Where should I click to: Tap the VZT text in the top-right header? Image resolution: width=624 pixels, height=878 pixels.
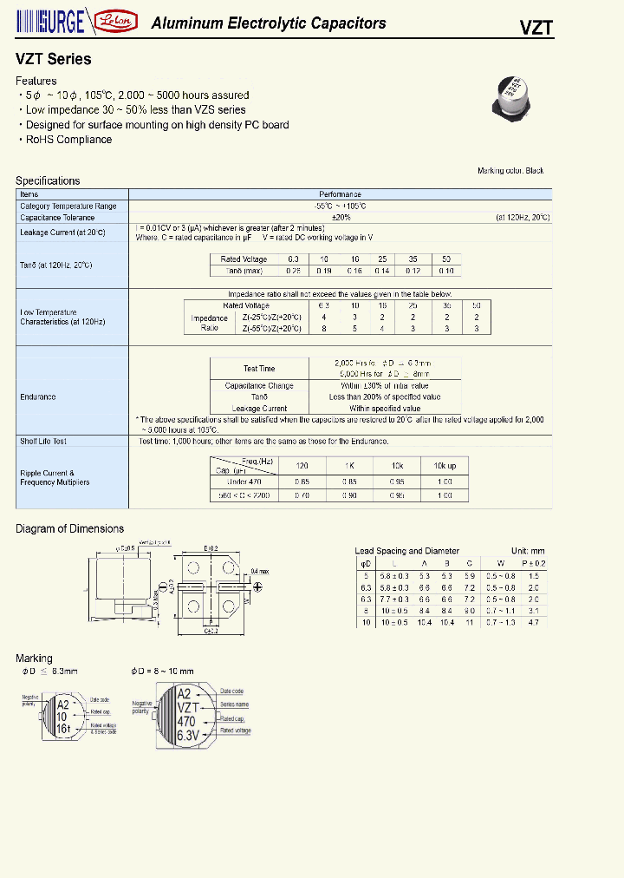[x=536, y=26]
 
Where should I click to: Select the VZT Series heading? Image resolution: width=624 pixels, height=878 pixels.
[x=53, y=60]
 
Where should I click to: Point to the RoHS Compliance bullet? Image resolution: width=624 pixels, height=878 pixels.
[x=68, y=140]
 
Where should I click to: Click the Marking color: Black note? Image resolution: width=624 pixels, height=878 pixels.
[x=510, y=171]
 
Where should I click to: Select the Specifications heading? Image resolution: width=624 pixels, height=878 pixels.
[x=48, y=180]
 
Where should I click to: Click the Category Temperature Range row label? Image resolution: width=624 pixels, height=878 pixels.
[x=68, y=206]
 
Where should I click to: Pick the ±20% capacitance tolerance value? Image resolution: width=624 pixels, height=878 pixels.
[x=340, y=218]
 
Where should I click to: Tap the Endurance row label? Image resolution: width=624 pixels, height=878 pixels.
[x=38, y=397]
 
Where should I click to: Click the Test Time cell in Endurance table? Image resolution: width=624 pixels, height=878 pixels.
[x=259, y=368]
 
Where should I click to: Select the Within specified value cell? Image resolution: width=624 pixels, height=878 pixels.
[x=385, y=409]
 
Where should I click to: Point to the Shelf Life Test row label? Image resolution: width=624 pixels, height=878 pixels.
[x=43, y=442]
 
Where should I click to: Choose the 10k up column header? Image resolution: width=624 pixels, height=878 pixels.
[x=444, y=466]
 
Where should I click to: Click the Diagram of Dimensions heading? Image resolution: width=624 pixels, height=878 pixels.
[x=69, y=528]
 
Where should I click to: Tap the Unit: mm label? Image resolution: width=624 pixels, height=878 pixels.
[x=528, y=551]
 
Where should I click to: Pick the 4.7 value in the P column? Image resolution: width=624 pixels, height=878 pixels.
[x=534, y=622]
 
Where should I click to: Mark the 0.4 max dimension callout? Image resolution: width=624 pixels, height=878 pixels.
[x=261, y=571]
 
